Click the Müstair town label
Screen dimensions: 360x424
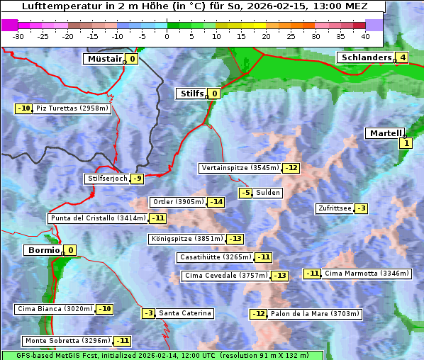tap(104, 59)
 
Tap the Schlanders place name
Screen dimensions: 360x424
tap(365, 57)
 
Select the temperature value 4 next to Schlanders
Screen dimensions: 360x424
tap(402, 57)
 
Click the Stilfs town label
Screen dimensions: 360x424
tap(191, 94)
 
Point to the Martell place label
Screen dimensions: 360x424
tap(384, 133)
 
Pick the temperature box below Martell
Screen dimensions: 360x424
tap(405, 143)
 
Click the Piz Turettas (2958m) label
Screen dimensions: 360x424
tap(72, 108)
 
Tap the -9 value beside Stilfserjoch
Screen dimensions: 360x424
tap(138, 179)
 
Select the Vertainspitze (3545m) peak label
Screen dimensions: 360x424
tap(240, 168)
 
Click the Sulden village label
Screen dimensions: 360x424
tap(268, 193)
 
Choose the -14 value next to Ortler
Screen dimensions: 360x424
tap(216, 202)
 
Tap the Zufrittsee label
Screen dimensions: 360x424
tap(335, 208)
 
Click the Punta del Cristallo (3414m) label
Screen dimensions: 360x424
tap(98, 218)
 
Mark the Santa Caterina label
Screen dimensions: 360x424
tap(184, 313)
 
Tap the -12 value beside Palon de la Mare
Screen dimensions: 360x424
tap(259, 314)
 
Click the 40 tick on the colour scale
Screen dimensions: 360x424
tap(365, 36)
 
